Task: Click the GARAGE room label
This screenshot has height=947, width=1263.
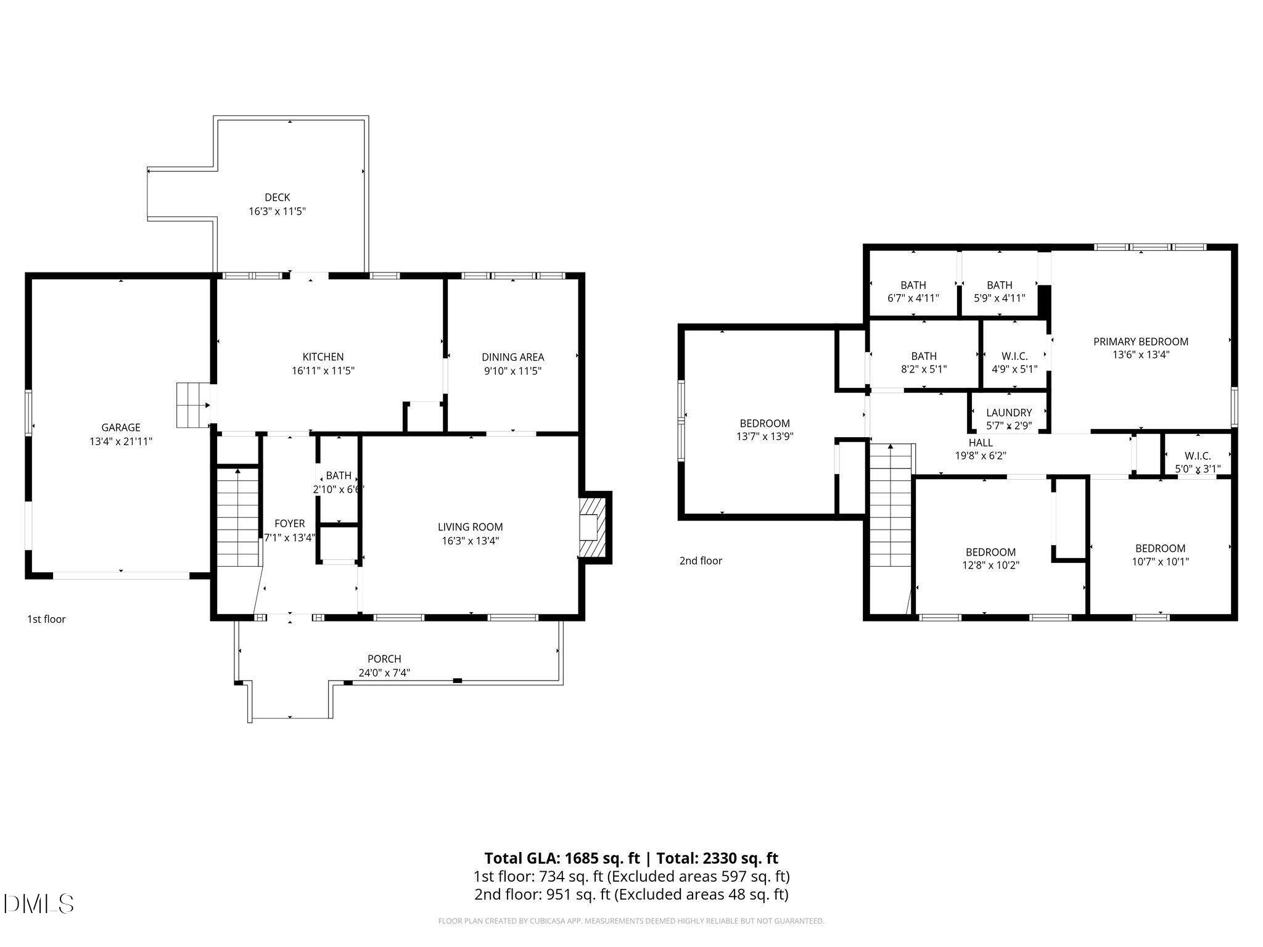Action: (121, 427)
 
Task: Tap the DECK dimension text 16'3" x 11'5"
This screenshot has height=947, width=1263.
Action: (277, 211)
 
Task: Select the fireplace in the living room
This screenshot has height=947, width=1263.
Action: (593, 528)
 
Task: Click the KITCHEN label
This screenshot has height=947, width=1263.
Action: (323, 357)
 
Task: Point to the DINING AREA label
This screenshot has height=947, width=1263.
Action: (512, 357)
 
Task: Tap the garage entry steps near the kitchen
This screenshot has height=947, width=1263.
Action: (192, 405)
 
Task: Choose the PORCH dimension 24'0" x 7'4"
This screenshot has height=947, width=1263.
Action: (384, 673)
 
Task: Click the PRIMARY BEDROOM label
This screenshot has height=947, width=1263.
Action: (1140, 342)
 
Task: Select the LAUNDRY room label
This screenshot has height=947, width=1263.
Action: (1009, 412)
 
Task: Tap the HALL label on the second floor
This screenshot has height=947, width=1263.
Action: (981, 443)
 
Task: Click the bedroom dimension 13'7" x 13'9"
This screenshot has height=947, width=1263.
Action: (765, 437)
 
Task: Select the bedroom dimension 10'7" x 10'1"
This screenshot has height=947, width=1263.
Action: (1160, 562)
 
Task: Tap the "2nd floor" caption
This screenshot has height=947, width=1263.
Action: (701, 560)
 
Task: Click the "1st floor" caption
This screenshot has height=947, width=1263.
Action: (46, 619)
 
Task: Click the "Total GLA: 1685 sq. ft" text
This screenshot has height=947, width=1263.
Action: (562, 858)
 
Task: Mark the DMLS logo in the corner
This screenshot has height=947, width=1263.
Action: (38, 904)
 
